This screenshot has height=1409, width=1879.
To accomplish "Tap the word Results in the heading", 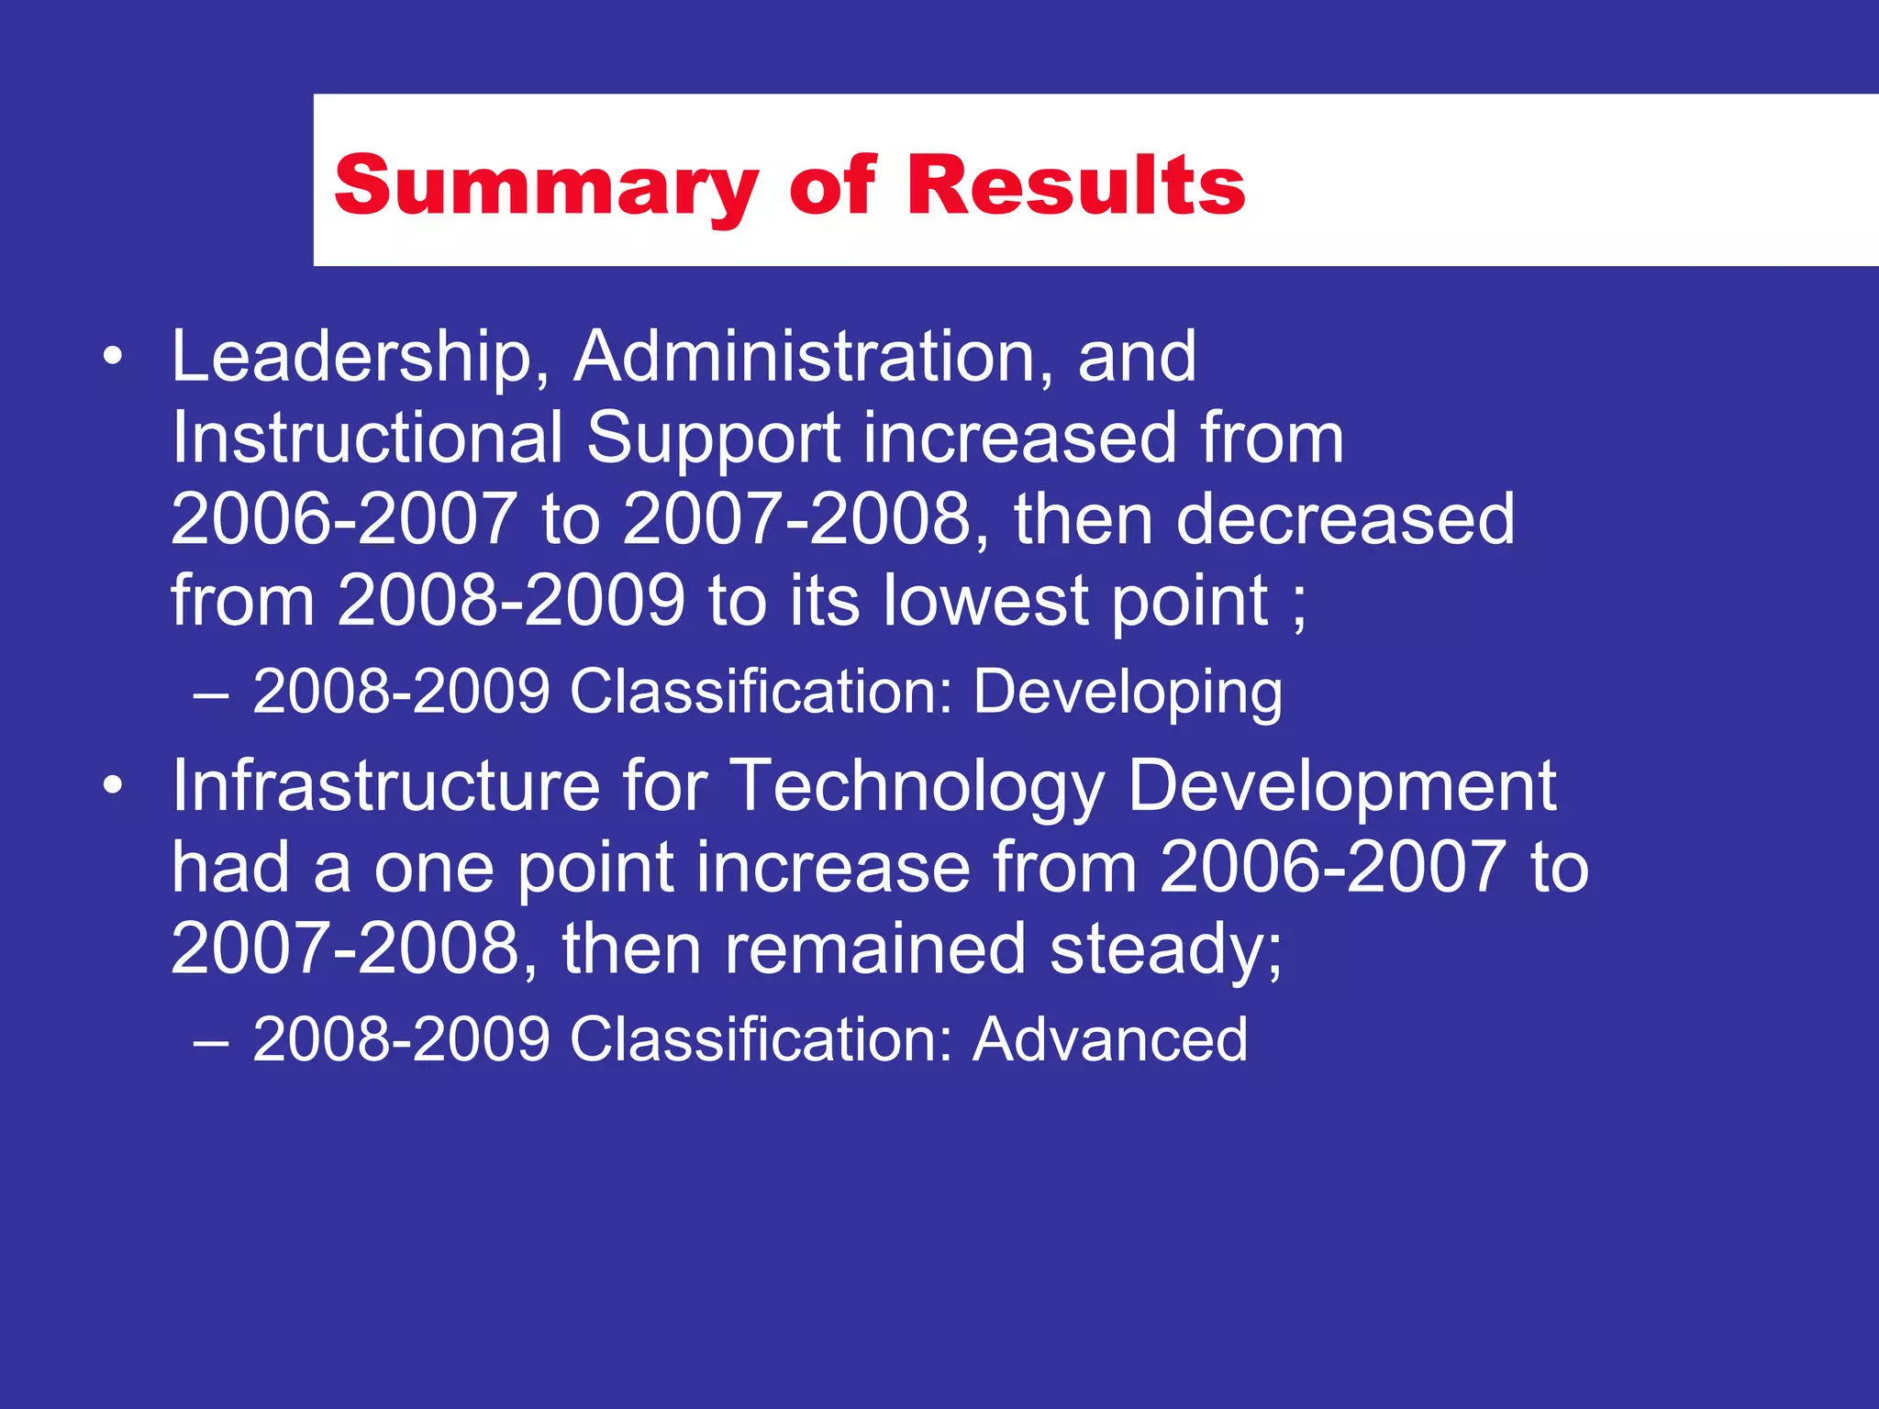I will click(1076, 185).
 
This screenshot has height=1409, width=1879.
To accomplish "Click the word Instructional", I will click(367, 438).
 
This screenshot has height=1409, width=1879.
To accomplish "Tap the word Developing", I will click(1128, 693).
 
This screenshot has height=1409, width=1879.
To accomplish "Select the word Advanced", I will click(1110, 1039).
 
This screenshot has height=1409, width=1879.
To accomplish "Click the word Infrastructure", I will click(385, 786).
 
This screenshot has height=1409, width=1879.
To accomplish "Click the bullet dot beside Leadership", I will click(112, 357).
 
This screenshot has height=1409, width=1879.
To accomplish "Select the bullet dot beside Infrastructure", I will click(112, 786).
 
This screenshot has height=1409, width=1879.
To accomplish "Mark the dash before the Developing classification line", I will click(211, 695).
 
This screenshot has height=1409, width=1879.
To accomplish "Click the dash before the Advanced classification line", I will click(211, 1043).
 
